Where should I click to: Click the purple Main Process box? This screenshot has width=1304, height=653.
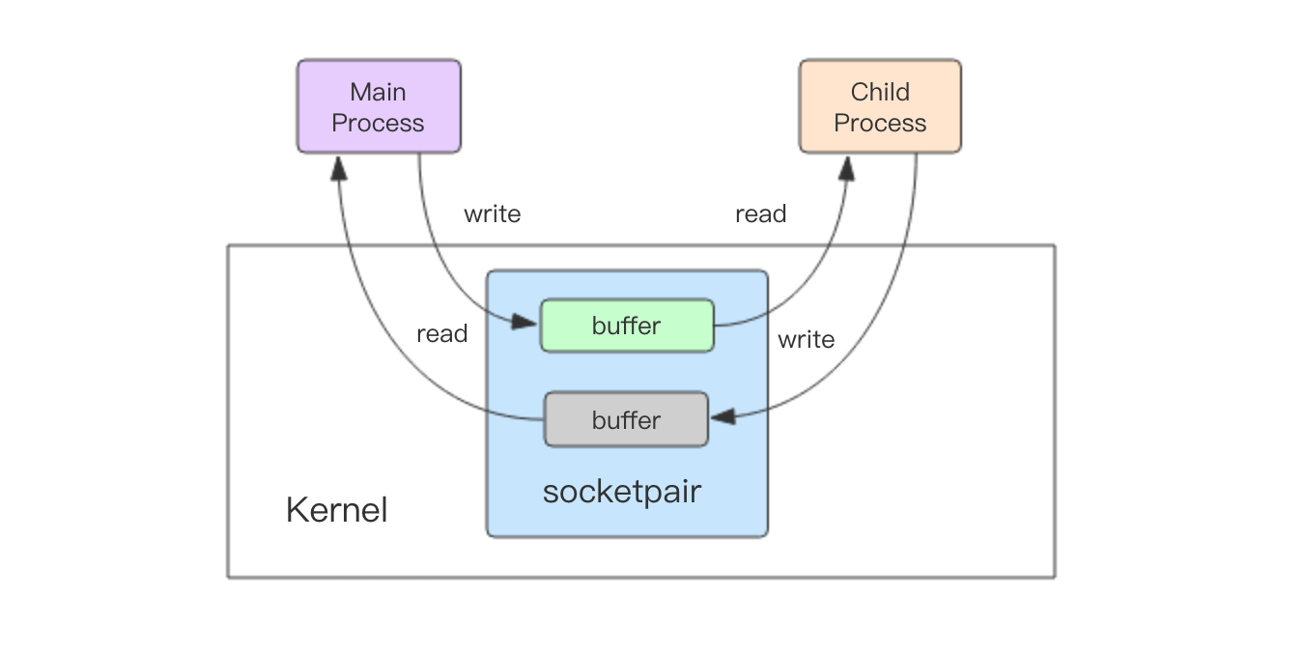[x=379, y=106]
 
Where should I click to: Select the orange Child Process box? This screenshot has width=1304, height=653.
[x=880, y=106]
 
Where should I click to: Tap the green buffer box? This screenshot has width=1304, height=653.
[x=627, y=326]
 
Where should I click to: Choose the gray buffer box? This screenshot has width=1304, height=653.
[x=626, y=419]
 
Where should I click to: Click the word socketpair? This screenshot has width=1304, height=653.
[x=621, y=491]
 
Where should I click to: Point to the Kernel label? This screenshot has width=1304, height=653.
[x=337, y=510]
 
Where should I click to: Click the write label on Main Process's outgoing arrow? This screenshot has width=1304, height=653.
[x=493, y=213]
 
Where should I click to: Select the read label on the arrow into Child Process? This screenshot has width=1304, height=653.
[x=761, y=213]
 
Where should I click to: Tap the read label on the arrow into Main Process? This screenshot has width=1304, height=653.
[x=442, y=334]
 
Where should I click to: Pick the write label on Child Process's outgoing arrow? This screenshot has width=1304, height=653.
[x=806, y=339]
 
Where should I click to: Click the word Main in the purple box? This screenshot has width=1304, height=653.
[x=378, y=92]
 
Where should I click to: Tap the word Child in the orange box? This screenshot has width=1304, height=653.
[x=880, y=92]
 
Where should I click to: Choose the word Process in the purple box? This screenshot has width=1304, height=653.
[x=378, y=123]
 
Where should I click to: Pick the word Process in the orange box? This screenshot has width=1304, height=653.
[x=880, y=123]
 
